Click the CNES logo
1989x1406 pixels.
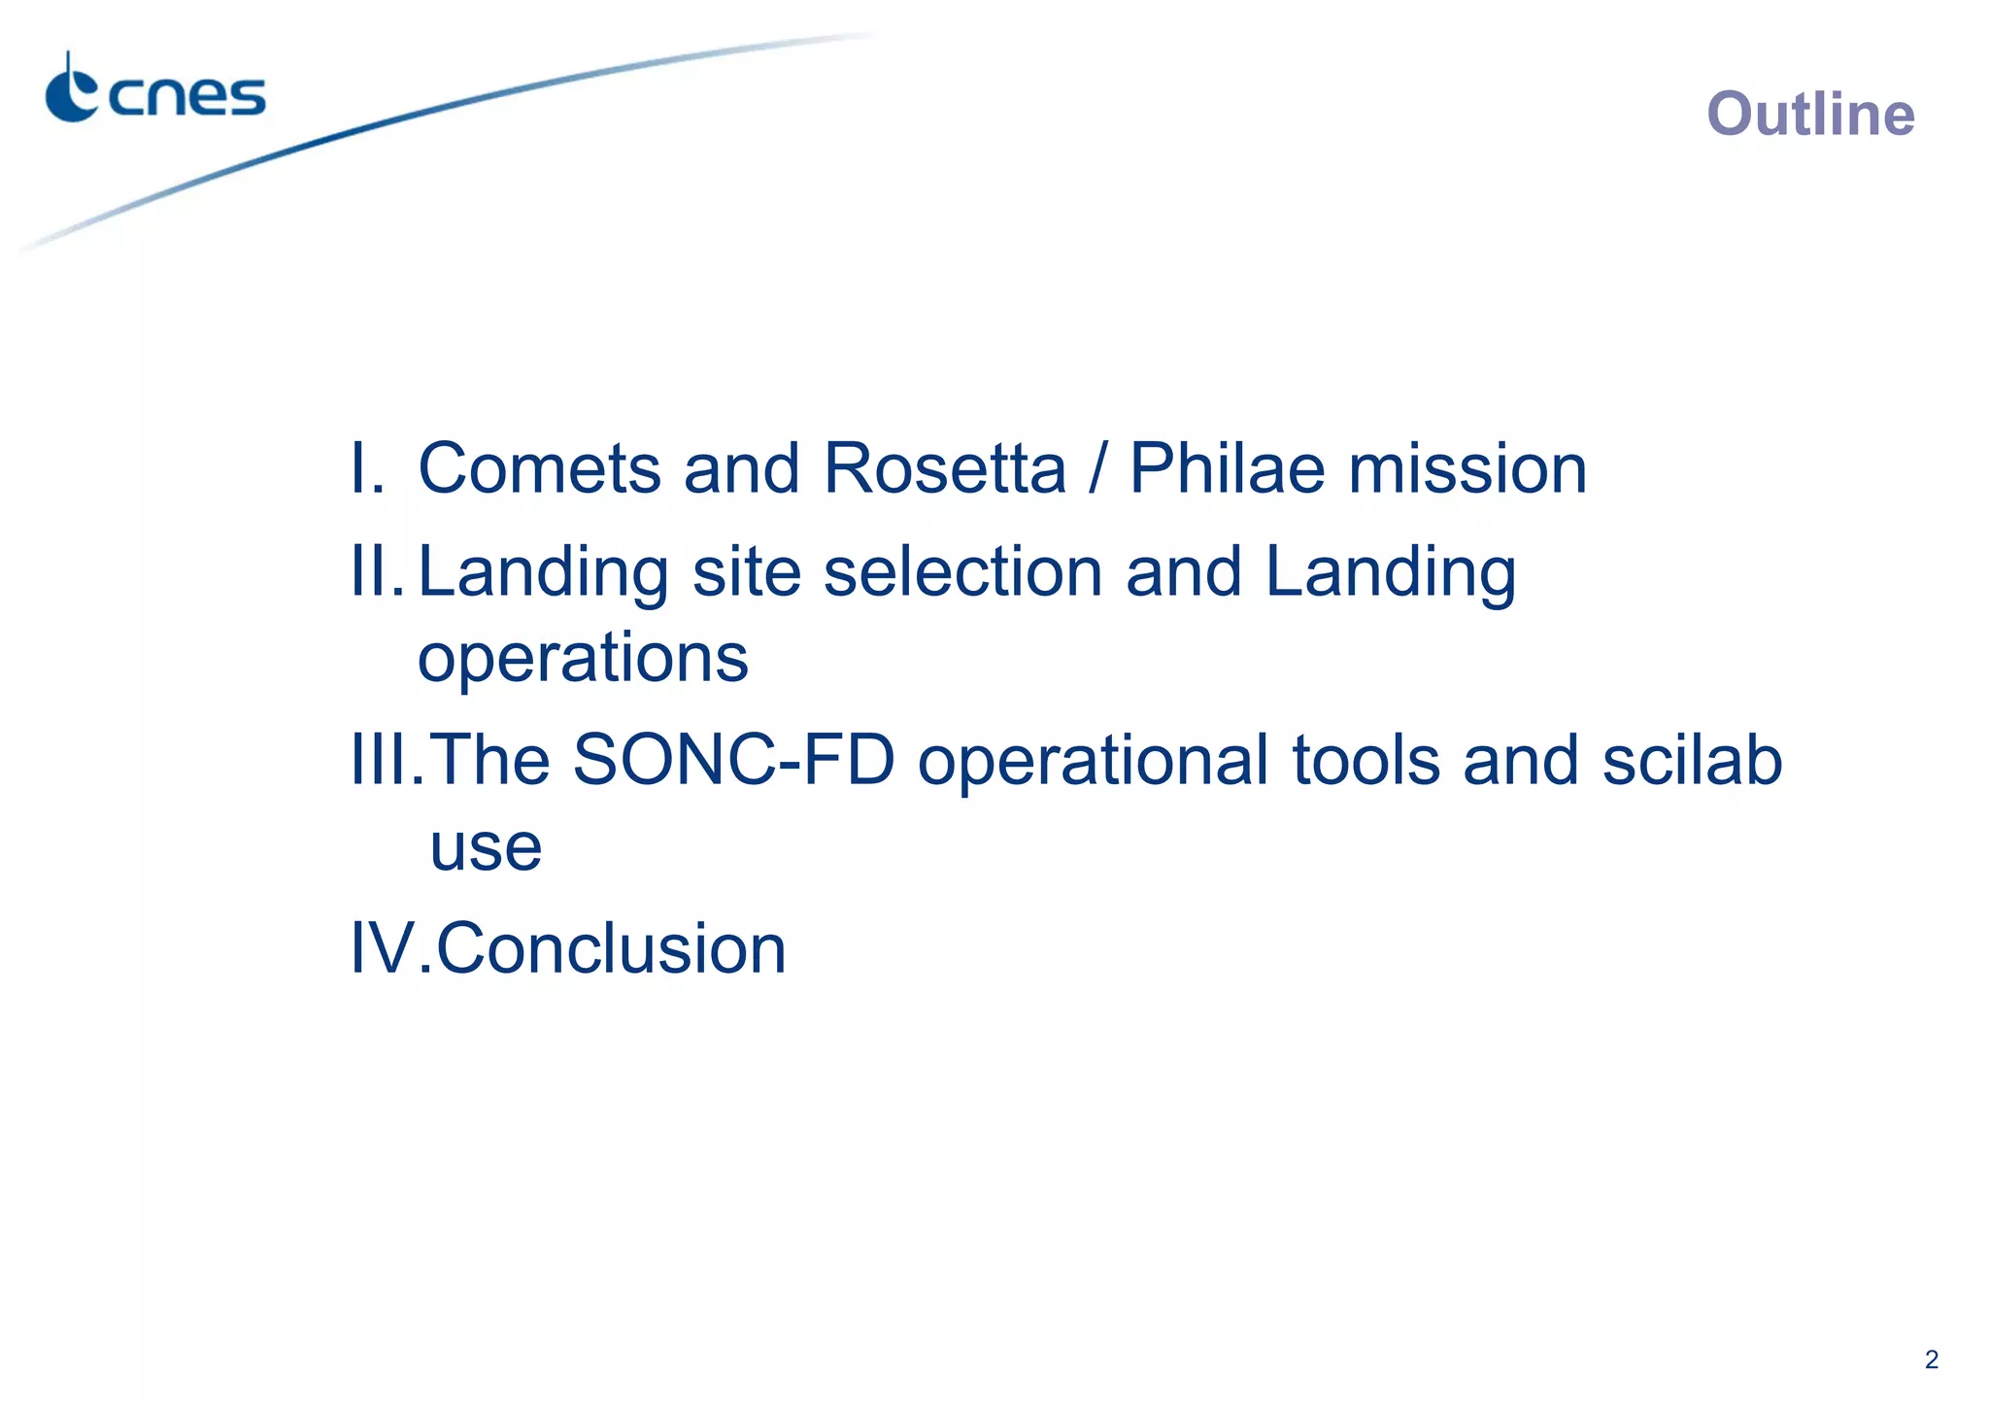(155, 89)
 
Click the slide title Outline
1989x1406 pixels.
(1810, 115)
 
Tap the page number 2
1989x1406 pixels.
(1931, 1359)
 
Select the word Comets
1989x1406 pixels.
(539, 469)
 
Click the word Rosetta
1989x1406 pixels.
(944, 469)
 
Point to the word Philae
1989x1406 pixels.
(1227, 469)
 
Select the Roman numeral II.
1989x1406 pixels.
(374, 572)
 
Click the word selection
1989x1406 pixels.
(962, 572)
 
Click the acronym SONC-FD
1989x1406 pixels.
(733, 761)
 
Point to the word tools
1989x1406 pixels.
(1365, 761)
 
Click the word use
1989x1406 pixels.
(486, 849)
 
